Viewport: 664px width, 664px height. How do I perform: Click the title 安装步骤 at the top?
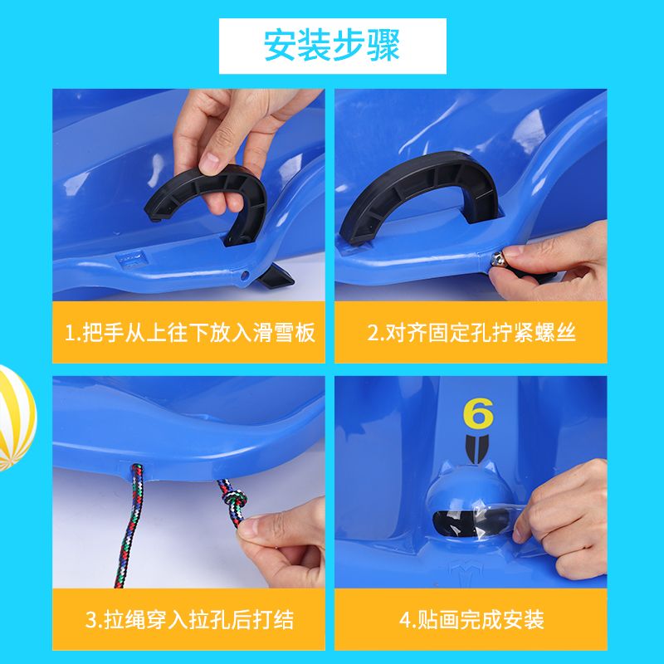click(332, 46)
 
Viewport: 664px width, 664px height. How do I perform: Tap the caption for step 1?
click(190, 333)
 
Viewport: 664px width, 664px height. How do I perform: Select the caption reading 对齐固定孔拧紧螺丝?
click(471, 333)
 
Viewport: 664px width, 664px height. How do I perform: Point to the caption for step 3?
click(189, 619)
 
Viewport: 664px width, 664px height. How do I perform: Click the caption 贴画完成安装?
click(471, 619)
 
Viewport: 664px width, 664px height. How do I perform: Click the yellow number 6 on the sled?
click(478, 413)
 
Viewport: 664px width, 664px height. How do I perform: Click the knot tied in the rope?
click(235, 502)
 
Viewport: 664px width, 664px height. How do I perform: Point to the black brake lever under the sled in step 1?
click(274, 277)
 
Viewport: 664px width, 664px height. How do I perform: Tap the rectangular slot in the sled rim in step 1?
click(132, 258)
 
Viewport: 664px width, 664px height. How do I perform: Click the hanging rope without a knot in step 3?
click(130, 526)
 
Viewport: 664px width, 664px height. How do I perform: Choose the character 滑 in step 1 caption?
click(263, 333)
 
